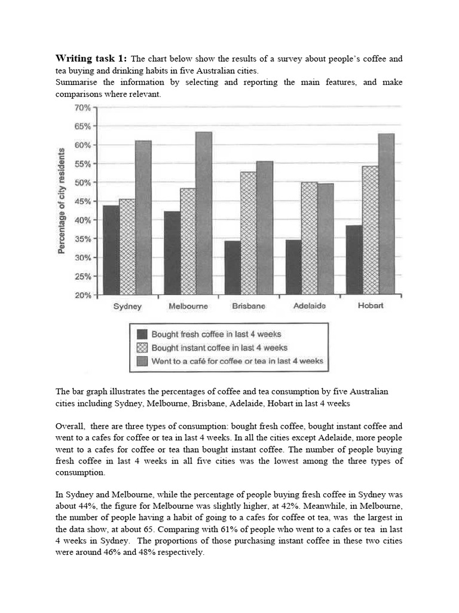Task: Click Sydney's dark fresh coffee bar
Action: (111, 250)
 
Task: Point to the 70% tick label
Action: (82, 108)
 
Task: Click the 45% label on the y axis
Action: (82, 202)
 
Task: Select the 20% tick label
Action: (82, 295)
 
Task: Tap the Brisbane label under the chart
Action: (248, 306)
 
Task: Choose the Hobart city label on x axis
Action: (371, 306)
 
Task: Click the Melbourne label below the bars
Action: (188, 306)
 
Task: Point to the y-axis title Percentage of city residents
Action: (62, 202)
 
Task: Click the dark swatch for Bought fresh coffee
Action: (142, 334)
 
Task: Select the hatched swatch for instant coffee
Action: (142, 348)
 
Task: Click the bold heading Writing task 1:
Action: (91, 59)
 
